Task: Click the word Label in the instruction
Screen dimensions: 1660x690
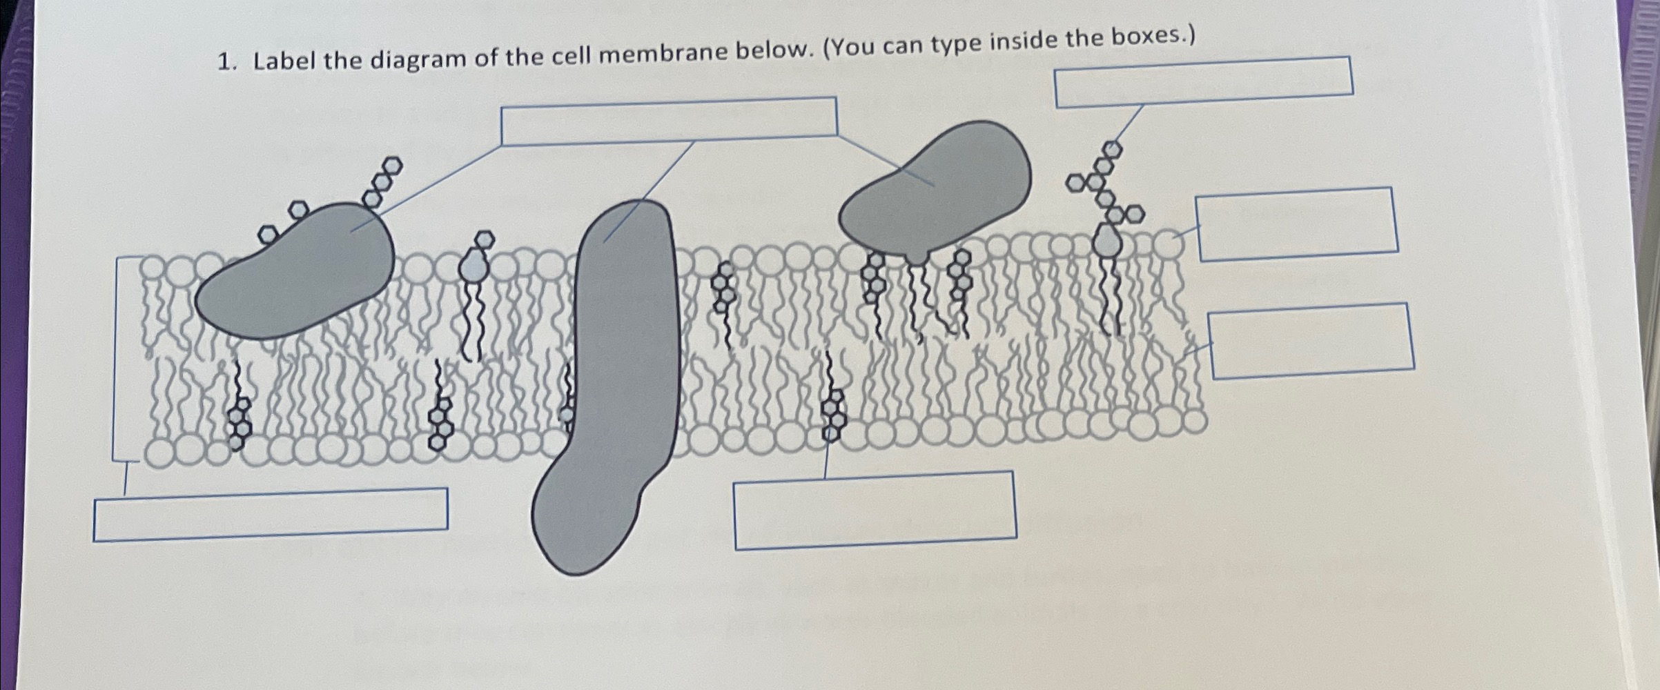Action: point(284,61)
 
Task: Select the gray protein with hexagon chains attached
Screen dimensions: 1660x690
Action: point(297,276)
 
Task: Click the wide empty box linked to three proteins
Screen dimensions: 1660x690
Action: point(668,121)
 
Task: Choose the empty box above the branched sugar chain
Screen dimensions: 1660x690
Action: point(1203,82)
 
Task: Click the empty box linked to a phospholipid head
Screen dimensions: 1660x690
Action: point(1298,224)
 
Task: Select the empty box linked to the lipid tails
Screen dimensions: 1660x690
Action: point(1311,341)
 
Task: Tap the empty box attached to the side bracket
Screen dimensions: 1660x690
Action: point(271,514)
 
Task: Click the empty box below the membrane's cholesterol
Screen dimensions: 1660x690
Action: point(875,510)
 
